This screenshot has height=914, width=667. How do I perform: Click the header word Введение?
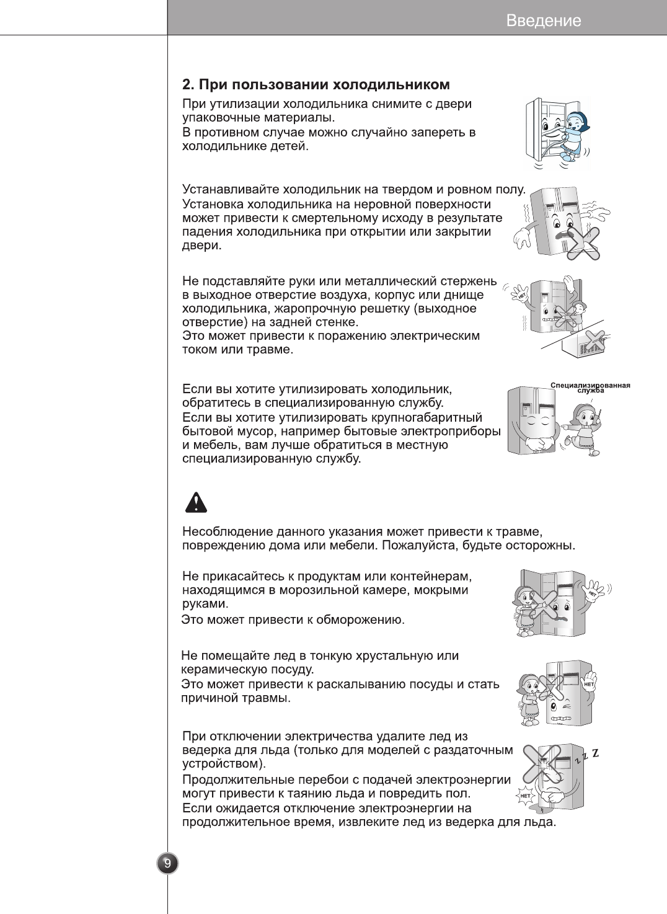(x=544, y=20)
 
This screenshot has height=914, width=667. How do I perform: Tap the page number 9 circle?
(x=167, y=863)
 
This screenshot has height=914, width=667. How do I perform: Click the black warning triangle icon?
(x=196, y=502)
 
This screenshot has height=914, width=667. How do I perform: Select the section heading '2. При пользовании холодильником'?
(x=316, y=84)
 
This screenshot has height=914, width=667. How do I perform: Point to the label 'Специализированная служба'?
(x=590, y=388)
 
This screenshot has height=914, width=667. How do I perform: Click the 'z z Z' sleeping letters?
(x=586, y=756)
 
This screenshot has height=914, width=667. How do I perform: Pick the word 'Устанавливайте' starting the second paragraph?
(x=231, y=189)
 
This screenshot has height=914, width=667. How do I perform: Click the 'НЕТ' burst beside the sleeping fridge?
(x=525, y=796)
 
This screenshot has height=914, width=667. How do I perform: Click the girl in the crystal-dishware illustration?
(x=531, y=698)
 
